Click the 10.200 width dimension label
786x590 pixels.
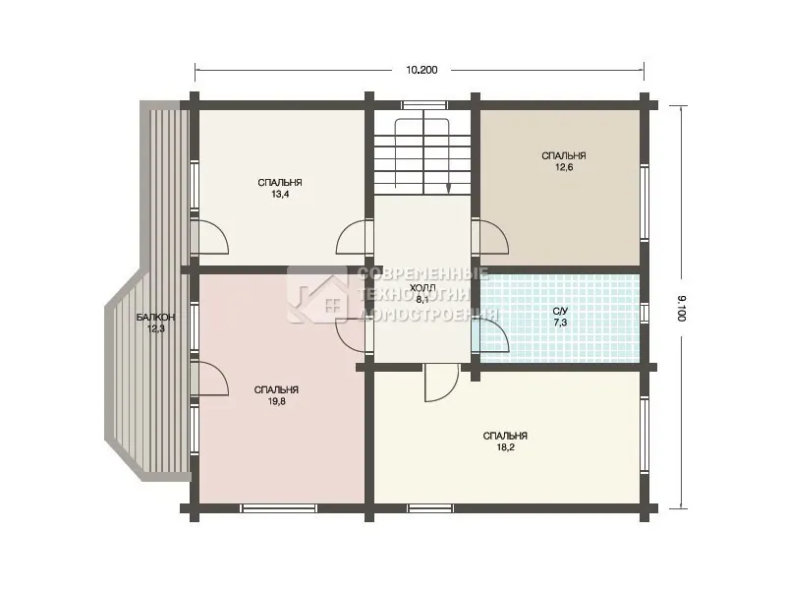(x=421, y=70)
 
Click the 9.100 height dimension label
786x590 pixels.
(x=680, y=308)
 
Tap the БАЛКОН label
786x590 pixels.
(x=155, y=317)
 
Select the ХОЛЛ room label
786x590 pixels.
(x=423, y=288)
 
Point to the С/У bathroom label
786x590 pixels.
(x=560, y=311)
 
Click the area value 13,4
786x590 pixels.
(x=280, y=194)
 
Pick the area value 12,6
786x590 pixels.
(x=563, y=167)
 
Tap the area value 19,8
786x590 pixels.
(x=277, y=401)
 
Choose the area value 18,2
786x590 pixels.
(x=506, y=447)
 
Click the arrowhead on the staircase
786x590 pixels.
(x=448, y=188)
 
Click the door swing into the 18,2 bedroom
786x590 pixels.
(x=441, y=383)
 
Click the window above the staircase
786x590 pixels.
(x=423, y=105)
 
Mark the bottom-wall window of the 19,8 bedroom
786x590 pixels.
(x=278, y=507)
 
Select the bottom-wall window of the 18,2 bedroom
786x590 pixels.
(x=431, y=507)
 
